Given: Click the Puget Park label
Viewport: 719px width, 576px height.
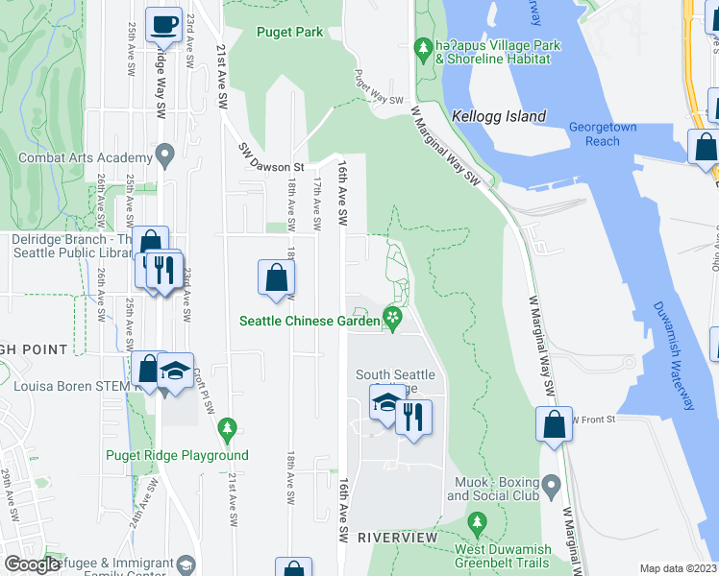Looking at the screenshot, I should [x=290, y=32].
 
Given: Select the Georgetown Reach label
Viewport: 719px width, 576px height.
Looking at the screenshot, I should [x=607, y=133].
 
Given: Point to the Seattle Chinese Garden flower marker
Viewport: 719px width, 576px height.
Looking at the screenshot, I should [x=392, y=317].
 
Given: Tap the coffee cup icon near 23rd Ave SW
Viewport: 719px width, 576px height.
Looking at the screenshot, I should [x=164, y=24].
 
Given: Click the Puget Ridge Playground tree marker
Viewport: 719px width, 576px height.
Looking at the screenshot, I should [x=228, y=427].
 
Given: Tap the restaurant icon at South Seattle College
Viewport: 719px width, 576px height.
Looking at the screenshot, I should [x=414, y=418].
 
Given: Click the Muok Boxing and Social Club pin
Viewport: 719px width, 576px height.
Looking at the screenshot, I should [x=551, y=483].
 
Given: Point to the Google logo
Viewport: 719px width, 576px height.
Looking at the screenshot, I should [x=33, y=565].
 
